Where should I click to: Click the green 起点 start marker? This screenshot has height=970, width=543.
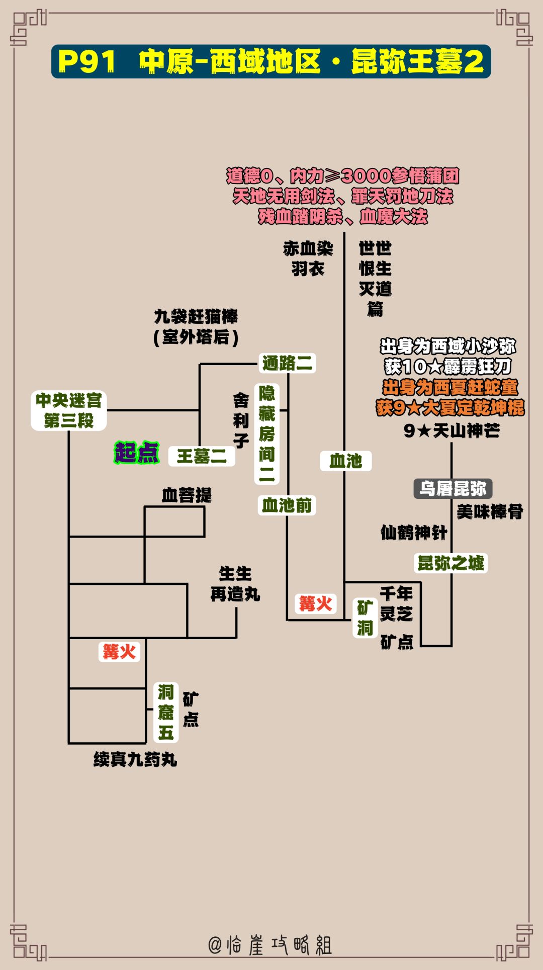137,453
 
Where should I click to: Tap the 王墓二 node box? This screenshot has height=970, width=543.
202,456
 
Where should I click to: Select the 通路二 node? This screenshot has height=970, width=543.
288,363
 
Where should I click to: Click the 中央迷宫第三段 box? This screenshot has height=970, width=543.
69,410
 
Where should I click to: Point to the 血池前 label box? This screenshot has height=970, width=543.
287,505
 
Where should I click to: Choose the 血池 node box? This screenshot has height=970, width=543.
346,461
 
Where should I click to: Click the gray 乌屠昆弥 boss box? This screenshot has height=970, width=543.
452,488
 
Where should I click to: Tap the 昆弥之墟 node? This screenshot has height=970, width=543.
451,563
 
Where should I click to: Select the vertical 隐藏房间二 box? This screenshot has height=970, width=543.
267,433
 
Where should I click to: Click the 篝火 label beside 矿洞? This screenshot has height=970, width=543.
316,603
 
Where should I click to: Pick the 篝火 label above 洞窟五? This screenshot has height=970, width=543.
119,652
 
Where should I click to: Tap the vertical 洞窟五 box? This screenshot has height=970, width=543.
166,712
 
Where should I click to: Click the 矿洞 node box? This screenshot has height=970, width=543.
366,618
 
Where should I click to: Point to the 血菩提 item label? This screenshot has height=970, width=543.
187,495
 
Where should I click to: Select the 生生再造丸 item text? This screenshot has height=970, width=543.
235,584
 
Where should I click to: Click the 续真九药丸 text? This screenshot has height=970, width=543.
135,759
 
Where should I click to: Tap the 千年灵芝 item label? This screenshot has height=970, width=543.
396,603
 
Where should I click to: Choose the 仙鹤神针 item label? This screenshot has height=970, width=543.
414,533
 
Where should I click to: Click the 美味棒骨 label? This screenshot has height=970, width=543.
490,512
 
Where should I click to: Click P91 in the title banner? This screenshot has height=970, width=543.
87,61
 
